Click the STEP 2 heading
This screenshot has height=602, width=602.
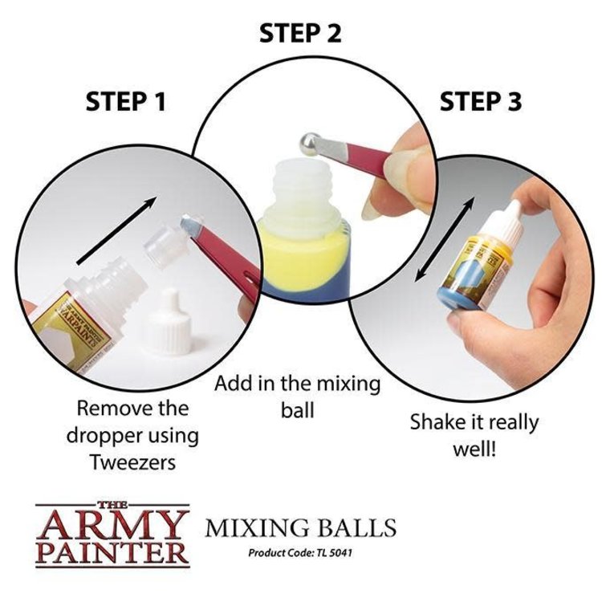[x=300, y=34]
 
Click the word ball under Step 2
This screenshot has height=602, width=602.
[x=297, y=411]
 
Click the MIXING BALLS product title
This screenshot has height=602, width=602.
[x=300, y=528]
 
